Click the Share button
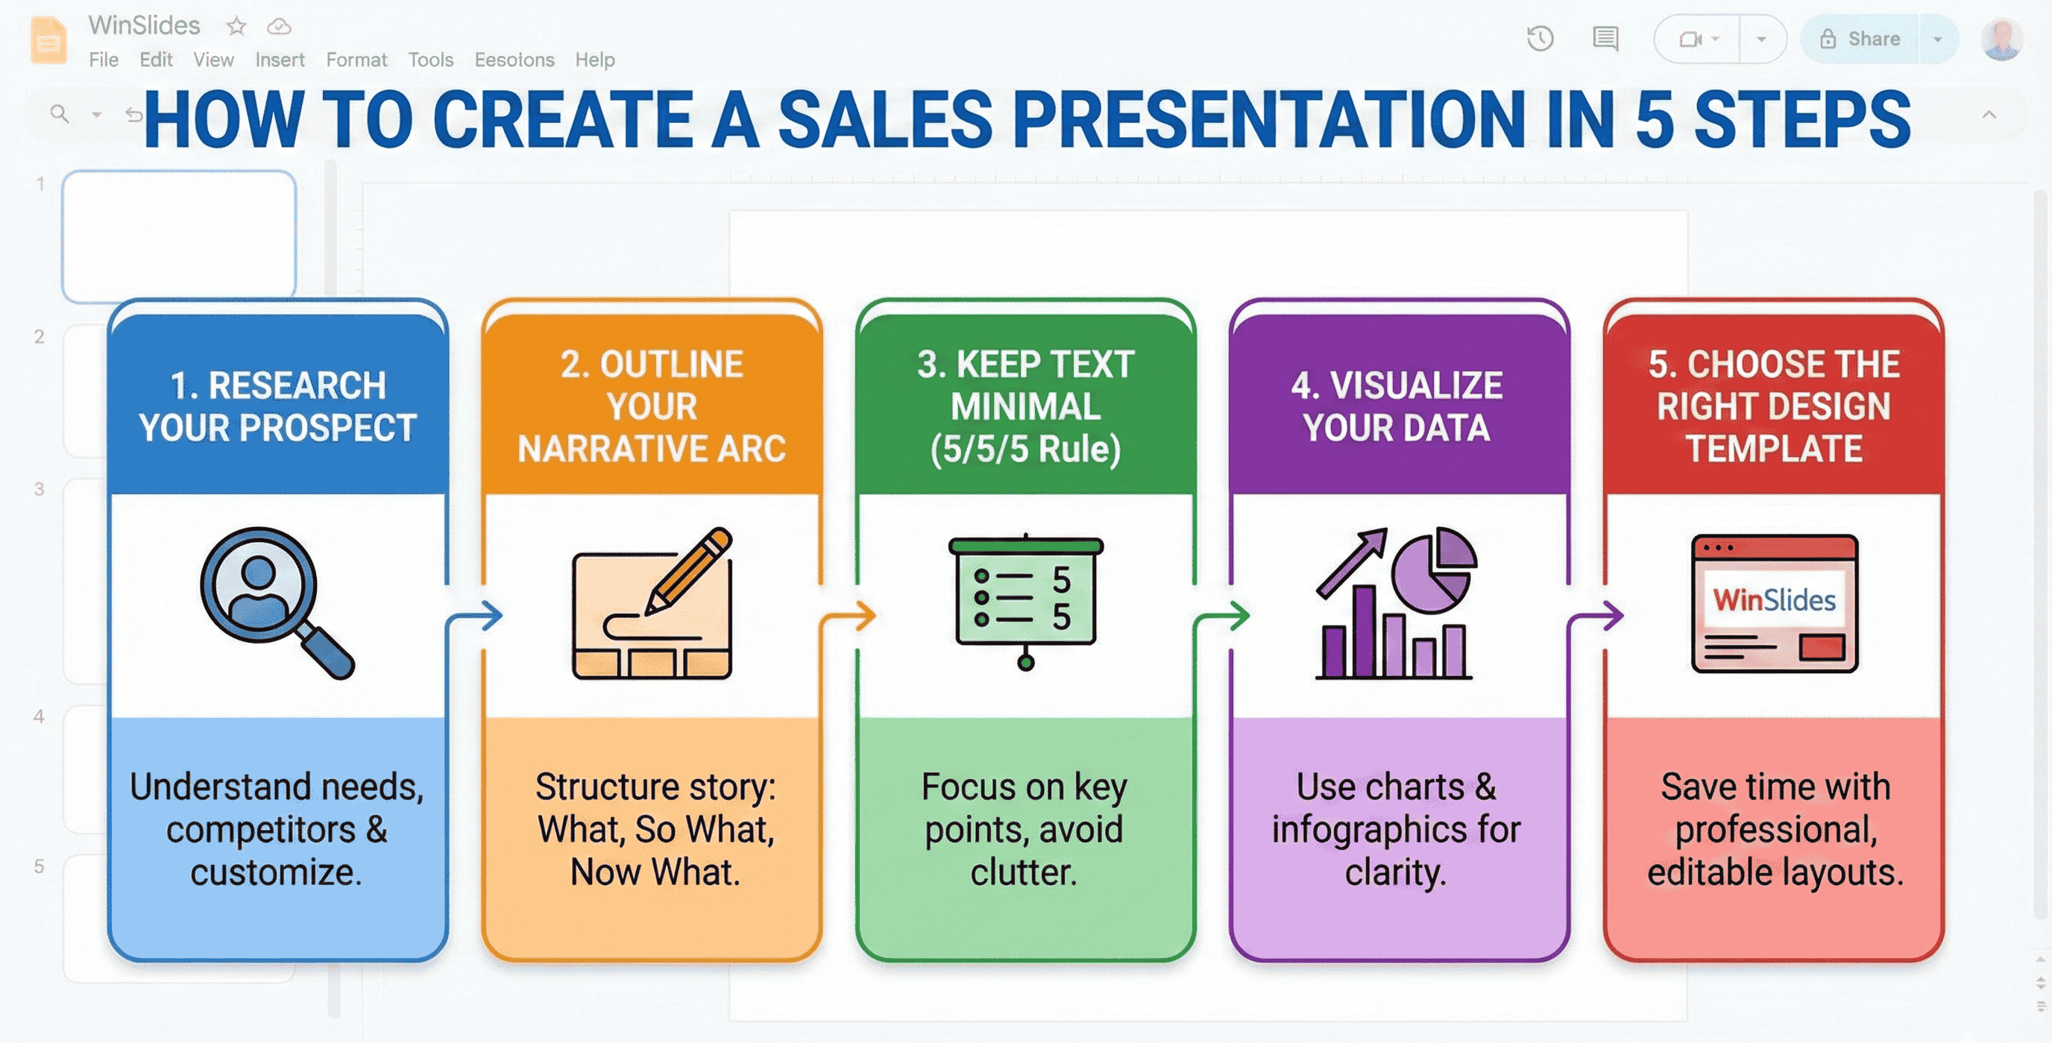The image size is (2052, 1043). (x=1860, y=39)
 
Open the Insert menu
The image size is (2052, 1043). (x=280, y=60)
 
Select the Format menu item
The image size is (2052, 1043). (x=356, y=60)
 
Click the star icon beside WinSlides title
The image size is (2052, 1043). (x=236, y=26)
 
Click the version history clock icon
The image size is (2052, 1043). (x=1540, y=39)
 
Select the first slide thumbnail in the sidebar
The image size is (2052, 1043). (x=179, y=236)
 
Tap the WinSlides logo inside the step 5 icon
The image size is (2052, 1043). (x=1774, y=599)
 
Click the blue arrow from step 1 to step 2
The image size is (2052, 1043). (x=476, y=616)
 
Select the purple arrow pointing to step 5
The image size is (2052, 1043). (x=1596, y=616)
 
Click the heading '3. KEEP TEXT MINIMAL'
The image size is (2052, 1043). (x=1025, y=406)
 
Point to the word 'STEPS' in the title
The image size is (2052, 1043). (x=1802, y=119)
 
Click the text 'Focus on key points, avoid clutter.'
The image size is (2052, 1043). (x=1024, y=829)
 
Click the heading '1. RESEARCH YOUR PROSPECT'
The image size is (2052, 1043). (x=277, y=406)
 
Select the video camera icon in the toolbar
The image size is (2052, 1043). (x=1690, y=39)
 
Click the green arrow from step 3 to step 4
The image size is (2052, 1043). (x=1222, y=616)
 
